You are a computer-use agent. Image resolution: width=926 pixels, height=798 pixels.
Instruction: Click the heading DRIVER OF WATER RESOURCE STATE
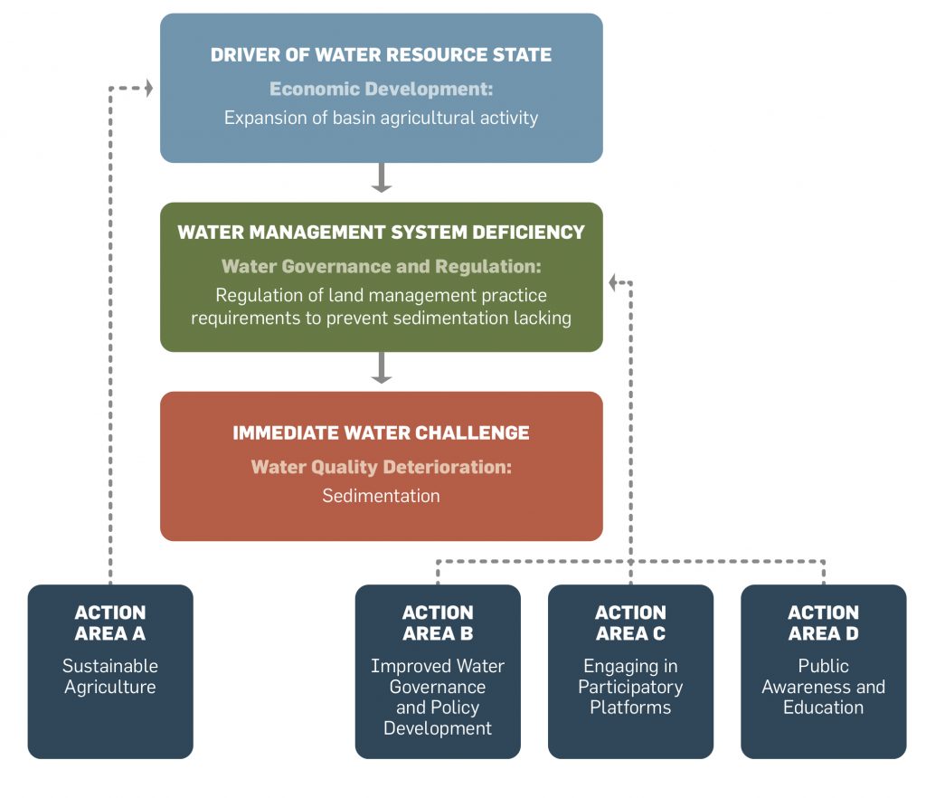coord(381,55)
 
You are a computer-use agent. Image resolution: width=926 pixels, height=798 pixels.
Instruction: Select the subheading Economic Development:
coord(381,90)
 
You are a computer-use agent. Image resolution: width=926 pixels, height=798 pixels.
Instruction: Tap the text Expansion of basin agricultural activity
coord(381,119)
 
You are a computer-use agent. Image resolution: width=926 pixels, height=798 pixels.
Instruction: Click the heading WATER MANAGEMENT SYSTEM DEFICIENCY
coord(381,233)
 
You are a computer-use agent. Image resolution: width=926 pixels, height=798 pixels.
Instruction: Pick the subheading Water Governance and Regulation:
coord(381,267)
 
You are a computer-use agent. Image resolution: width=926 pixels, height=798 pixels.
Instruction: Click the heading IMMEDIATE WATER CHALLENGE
coord(381,432)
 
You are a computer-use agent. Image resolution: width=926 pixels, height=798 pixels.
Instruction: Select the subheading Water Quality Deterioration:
coord(381,467)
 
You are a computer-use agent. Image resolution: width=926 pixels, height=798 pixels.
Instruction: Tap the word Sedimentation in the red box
coord(381,496)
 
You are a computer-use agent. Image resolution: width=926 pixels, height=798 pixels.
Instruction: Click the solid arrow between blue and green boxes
coord(382,178)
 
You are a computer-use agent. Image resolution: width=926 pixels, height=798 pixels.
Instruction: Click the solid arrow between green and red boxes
coord(382,367)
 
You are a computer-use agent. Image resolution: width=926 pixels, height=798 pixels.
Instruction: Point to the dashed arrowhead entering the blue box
coord(148,88)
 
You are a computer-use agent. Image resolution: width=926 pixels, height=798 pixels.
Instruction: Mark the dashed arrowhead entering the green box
coord(613,283)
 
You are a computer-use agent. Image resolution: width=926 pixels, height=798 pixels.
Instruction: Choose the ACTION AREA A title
coord(110,623)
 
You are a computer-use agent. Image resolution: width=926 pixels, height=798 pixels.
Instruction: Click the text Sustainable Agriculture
coord(110,677)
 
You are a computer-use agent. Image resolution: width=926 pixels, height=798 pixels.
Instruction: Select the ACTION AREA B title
coord(438,623)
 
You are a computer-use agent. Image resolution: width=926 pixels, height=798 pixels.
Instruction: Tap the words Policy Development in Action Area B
coord(438,718)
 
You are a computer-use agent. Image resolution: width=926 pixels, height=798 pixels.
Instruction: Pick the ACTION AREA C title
coord(630,623)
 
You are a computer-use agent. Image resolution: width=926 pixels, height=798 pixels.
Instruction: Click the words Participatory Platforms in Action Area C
coord(630,698)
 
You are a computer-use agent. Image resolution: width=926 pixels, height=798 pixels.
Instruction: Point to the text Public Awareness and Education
coord(823,687)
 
